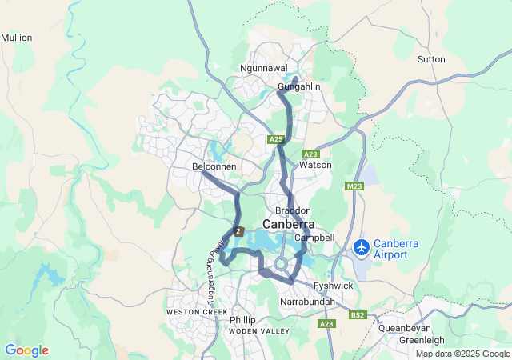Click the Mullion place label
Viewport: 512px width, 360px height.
click(17, 38)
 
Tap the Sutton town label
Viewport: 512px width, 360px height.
click(431, 59)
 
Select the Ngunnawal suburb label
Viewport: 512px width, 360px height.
click(263, 69)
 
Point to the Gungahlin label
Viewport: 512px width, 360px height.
click(298, 86)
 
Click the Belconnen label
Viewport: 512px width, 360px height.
click(212, 166)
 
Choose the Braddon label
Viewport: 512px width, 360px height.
click(292, 210)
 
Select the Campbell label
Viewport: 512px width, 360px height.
click(314, 238)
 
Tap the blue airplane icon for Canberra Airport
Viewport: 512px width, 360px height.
click(361, 248)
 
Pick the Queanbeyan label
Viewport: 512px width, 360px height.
click(405, 328)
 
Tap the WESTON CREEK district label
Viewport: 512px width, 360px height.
click(191, 310)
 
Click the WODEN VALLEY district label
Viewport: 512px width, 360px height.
click(258, 331)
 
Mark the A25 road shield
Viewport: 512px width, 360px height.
click(276, 139)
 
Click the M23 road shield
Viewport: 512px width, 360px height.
click(354, 186)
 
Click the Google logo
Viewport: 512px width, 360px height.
click(26, 350)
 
